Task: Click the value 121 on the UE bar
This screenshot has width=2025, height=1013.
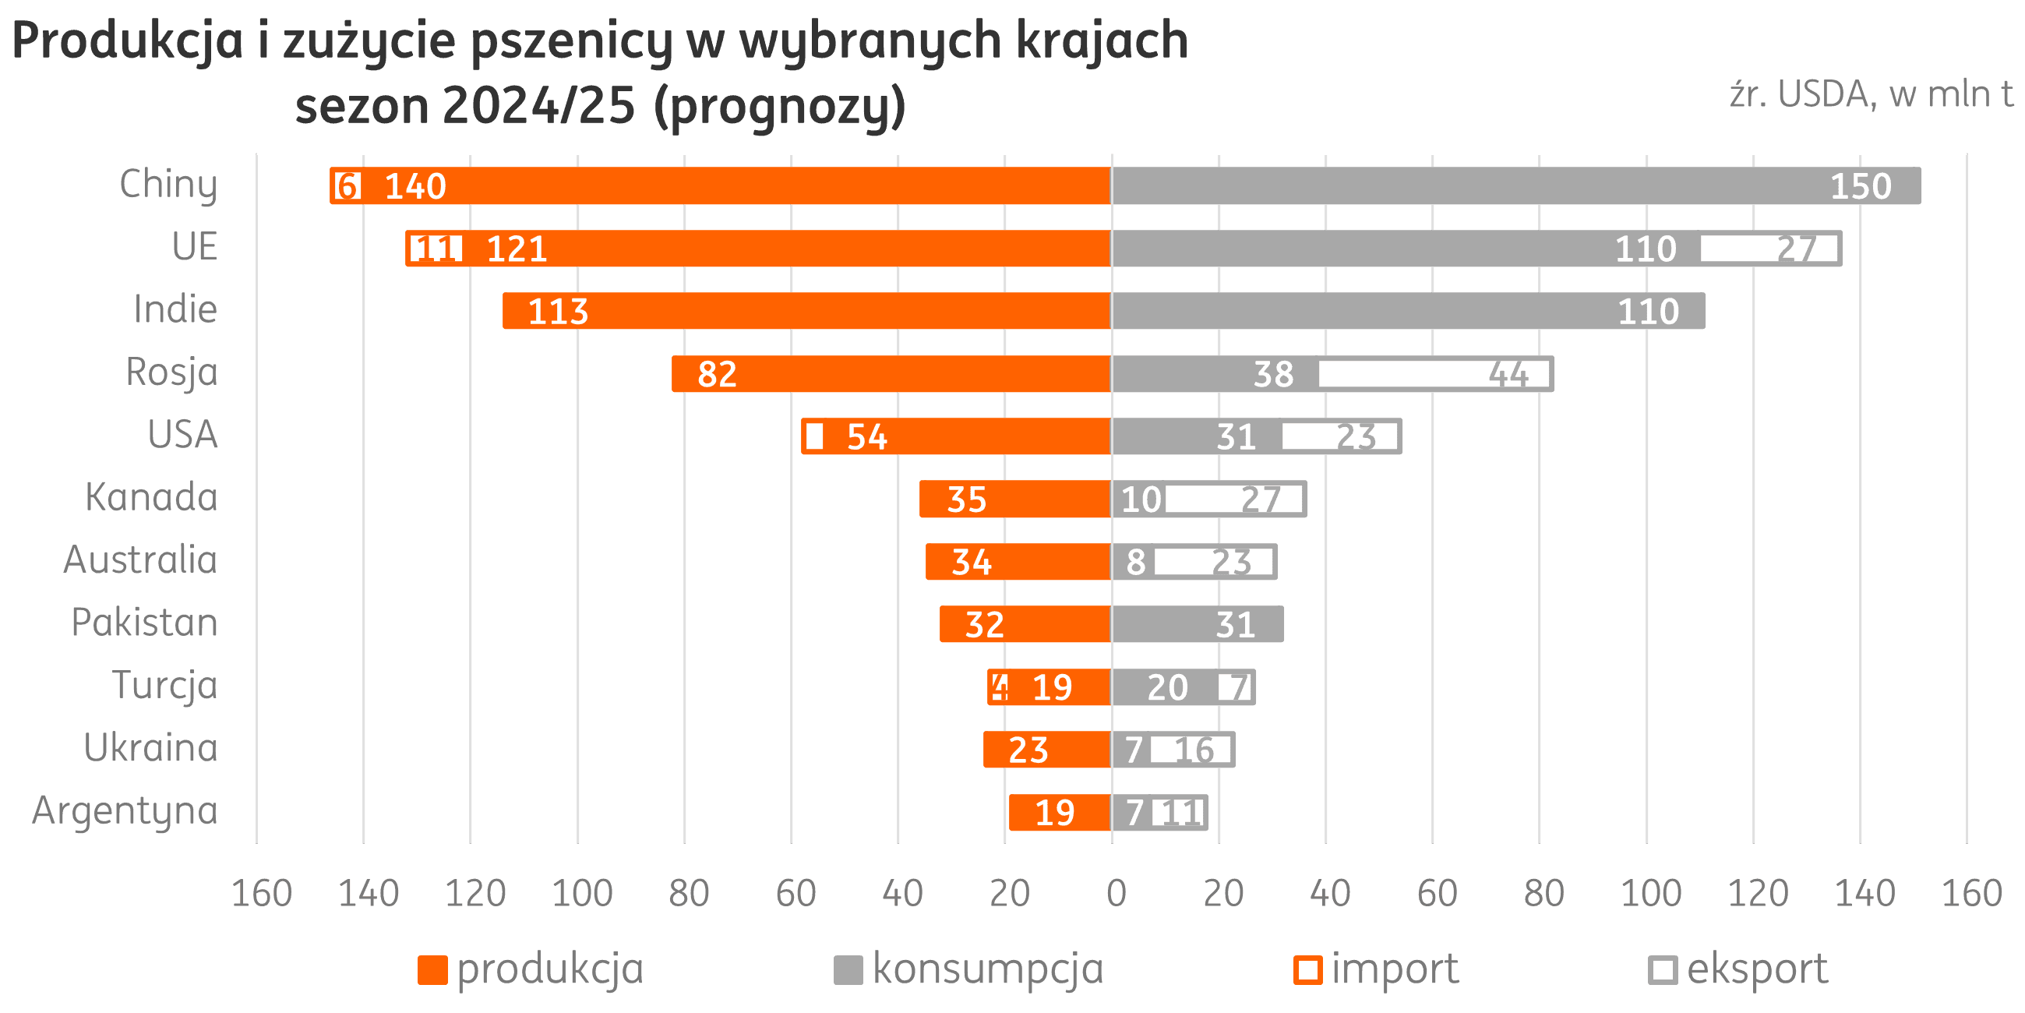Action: pyautogui.click(x=517, y=249)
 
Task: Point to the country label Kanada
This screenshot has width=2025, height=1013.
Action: pyautogui.click(x=152, y=497)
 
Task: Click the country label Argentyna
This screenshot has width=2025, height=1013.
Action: pyautogui.click(x=125, y=810)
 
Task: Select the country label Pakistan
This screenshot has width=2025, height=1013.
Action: pyautogui.click(x=145, y=622)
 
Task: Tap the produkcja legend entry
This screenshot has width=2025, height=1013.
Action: pyautogui.click(x=531, y=969)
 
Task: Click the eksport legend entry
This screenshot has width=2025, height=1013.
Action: pyautogui.click(x=1737, y=969)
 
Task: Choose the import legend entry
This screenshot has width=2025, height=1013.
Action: pyautogui.click(x=1376, y=969)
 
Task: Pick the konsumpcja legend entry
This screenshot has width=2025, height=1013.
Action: pyautogui.click(x=968, y=969)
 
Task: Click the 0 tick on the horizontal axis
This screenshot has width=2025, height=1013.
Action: pyautogui.click(x=1115, y=893)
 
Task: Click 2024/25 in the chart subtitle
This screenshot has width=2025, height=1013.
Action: pyautogui.click(x=538, y=105)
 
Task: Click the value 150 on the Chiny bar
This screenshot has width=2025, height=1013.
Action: pyautogui.click(x=1861, y=186)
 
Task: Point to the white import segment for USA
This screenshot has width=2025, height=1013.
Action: pyautogui.click(x=814, y=436)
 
